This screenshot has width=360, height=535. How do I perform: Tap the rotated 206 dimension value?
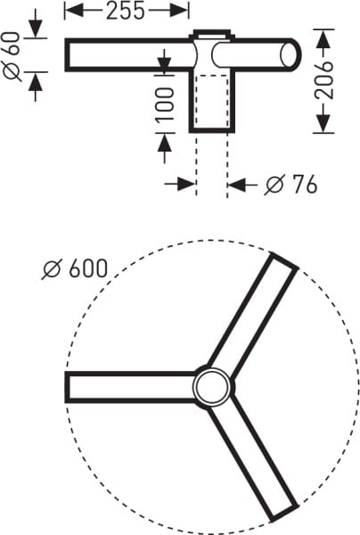[327, 80]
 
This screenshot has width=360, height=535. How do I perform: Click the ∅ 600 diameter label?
[74, 267]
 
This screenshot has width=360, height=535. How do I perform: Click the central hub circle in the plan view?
[212, 387]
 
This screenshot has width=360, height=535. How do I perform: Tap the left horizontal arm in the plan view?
[129, 387]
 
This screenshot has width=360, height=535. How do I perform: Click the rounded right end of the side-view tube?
[291, 54]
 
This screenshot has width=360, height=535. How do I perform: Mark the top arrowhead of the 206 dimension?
[326, 35]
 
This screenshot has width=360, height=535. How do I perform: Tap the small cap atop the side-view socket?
[211, 36]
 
